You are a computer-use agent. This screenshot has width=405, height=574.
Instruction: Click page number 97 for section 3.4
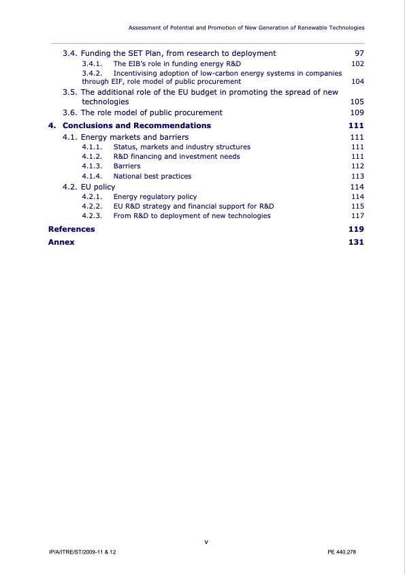pyautogui.click(x=358, y=53)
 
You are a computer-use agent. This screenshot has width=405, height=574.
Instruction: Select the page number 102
pyautogui.click(x=356, y=64)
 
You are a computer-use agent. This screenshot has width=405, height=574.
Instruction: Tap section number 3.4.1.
pyautogui.click(x=92, y=64)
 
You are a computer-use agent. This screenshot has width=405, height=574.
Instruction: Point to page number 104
pyautogui.click(x=356, y=82)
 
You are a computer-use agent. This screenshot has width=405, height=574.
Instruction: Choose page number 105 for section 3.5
pyautogui.click(x=356, y=102)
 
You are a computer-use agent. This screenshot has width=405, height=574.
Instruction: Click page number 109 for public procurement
pyautogui.click(x=356, y=112)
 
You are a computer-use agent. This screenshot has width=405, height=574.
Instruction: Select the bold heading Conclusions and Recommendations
pyautogui.click(x=136, y=125)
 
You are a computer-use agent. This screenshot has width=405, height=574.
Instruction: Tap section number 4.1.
pyautogui.click(x=70, y=137)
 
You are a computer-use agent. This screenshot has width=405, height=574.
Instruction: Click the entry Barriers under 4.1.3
pyautogui.click(x=127, y=166)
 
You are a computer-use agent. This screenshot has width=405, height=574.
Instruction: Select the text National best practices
pyautogui.click(x=152, y=176)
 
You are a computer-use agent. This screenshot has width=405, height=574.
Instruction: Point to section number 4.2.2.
pyautogui.click(x=92, y=206)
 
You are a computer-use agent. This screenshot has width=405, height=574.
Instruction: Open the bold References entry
pyautogui.click(x=71, y=229)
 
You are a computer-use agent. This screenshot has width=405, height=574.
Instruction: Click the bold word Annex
pyautogui.click(x=61, y=242)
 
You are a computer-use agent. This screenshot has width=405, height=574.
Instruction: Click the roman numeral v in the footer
pyautogui.click(x=206, y=542)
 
